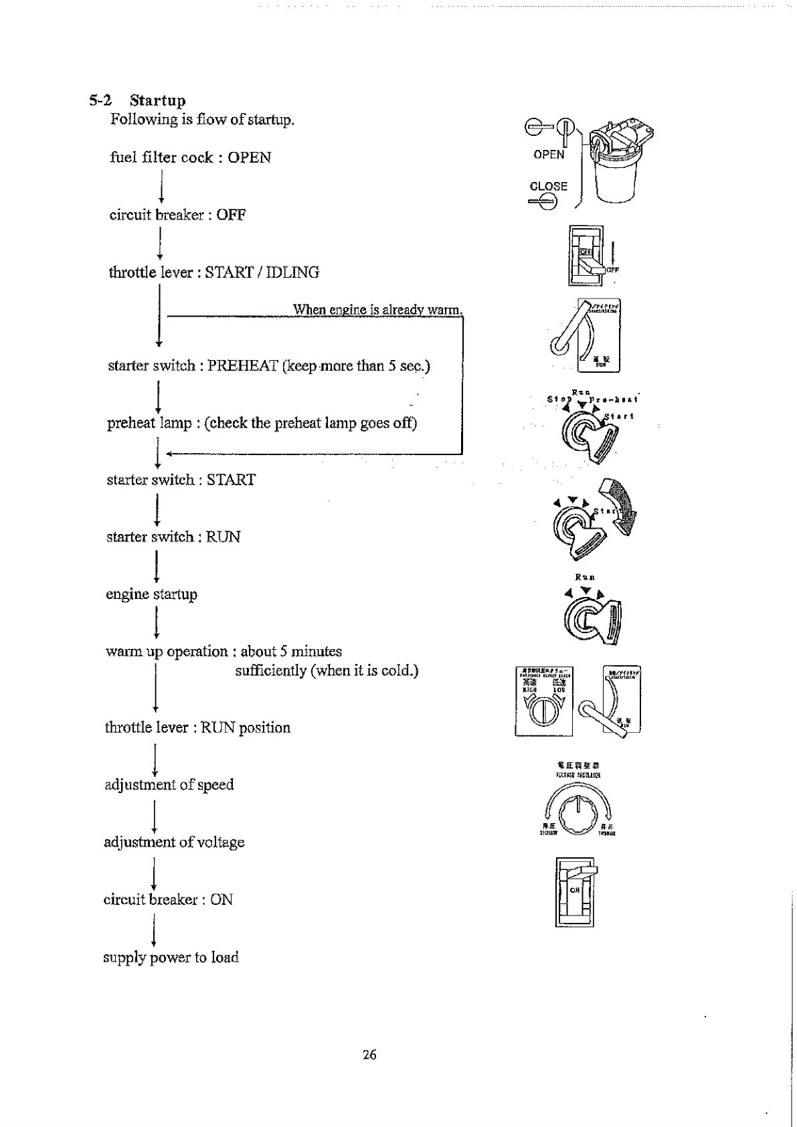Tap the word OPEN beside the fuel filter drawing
click(549, 155)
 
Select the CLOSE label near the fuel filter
click(548, 187)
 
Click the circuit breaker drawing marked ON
click(575, 892)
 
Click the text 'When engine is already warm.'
click(377, 309)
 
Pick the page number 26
click(369, 1055)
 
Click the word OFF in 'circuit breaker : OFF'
click(231, 215)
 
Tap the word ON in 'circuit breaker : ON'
click(222, 899)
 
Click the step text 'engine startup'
click(151, 594)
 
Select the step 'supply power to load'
click(171, 957)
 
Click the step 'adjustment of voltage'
click(174, 842)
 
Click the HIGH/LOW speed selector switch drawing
click(543, 701)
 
